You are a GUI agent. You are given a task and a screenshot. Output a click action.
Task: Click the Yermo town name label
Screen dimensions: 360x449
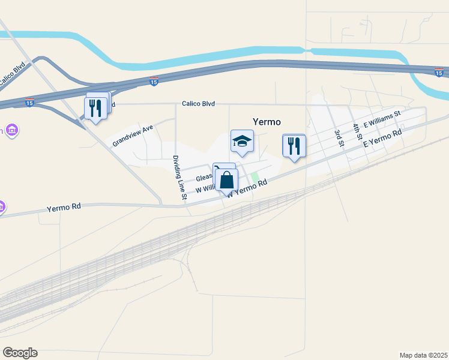coord(267,122)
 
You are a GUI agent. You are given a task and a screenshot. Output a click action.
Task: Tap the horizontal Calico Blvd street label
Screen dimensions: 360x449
coord(198,104)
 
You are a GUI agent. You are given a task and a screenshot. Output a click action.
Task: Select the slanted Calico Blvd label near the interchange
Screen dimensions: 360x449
coord(13,75)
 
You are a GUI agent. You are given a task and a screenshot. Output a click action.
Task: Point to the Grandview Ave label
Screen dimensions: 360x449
coord(133,136)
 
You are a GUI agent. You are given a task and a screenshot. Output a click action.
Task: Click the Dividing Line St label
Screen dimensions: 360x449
coord(179,178)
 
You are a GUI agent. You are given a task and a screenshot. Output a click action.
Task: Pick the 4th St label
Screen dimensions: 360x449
coord(358,131)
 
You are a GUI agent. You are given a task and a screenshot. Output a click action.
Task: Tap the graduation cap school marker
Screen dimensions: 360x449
coord(242,142)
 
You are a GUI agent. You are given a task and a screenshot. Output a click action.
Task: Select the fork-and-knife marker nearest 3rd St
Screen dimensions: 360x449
coord(294,146)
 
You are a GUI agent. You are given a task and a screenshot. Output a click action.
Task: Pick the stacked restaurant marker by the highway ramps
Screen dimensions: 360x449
coord(95,108)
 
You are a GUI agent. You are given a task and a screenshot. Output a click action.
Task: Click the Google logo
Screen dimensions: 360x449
coord(20,353)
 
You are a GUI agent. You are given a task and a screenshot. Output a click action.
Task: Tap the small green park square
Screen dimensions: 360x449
coord(255,176)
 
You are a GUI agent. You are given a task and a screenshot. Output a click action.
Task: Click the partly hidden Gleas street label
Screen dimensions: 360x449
coord(204,178)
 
